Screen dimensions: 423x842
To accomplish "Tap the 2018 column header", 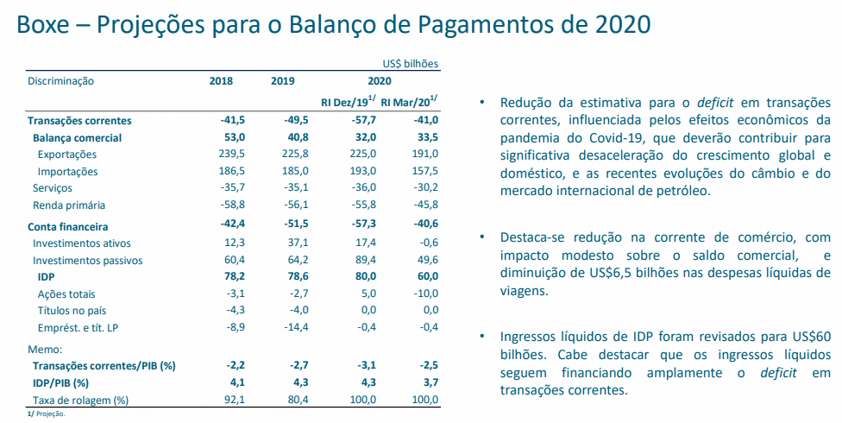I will [222, 81].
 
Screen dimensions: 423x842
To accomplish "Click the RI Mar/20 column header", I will [408, 102].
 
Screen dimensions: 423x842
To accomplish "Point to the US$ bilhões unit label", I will [411, 64].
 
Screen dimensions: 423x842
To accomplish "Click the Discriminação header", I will [60, 81].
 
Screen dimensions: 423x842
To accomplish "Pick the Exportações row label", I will [68, 154].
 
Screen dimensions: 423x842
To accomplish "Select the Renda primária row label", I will [69, 205].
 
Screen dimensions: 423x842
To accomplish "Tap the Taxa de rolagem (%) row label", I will [80, 400].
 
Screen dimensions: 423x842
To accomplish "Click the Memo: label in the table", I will [45, 350].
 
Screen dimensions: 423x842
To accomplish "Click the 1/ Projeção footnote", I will [47, 414].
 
